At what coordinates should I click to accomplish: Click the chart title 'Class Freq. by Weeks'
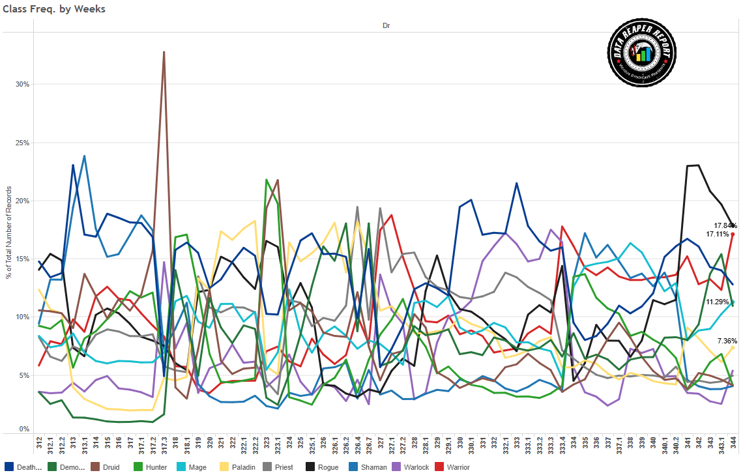click(54, 9)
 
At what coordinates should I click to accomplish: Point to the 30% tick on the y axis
click(22, 85)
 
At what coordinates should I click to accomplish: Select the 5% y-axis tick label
click(24, 375)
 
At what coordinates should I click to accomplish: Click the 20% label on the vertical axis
click(22, 201)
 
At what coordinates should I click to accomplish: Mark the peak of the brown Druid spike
click(164, 52)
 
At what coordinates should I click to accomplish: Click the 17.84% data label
click(725, 225)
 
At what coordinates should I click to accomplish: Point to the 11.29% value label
click(716, 302)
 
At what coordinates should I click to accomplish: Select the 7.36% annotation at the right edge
click(727, 341)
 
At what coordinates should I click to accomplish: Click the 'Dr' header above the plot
click(386, 25)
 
